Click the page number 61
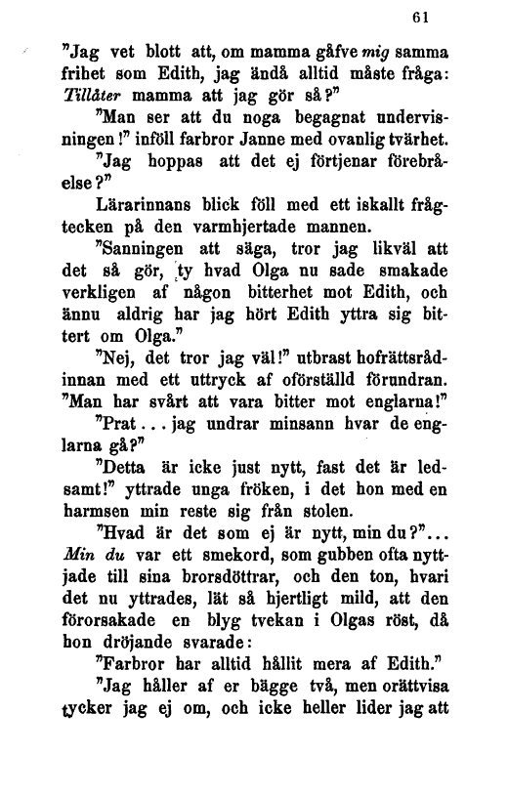[422, 19]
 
